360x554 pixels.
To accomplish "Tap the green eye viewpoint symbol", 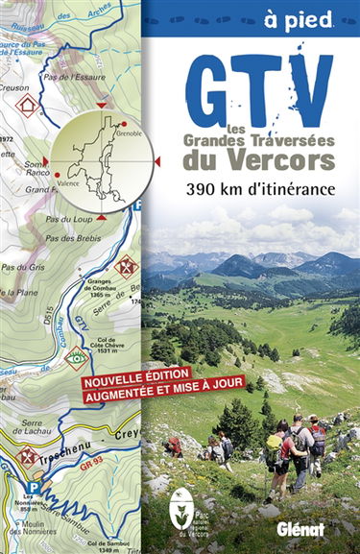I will click(x=77, y=358).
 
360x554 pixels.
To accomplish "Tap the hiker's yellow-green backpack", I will click(x=276, y=445).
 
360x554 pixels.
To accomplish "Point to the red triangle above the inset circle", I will click(x=102, y=104).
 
